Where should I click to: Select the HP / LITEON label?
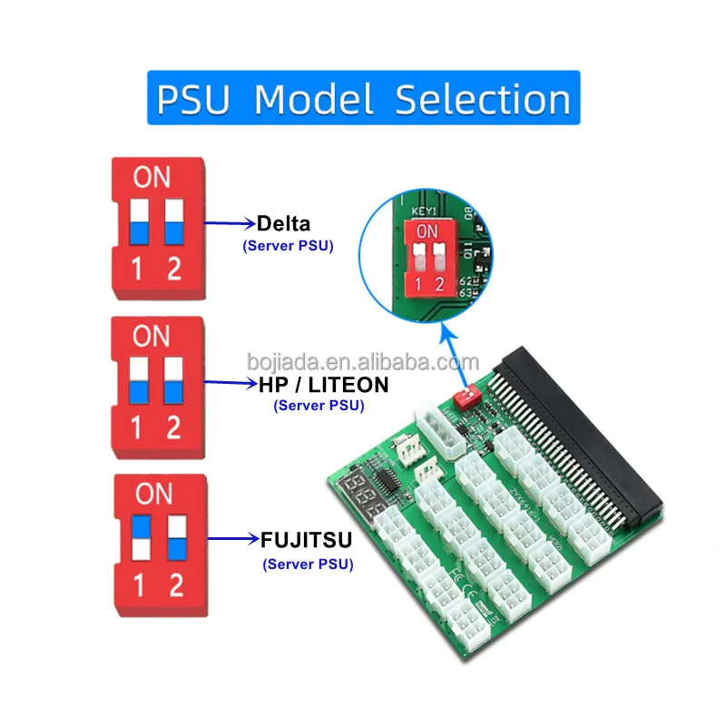point(323,385)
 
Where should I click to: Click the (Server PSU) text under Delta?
point(288,244)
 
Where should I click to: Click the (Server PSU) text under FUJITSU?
point(309,564)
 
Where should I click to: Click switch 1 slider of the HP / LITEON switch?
point(138,381)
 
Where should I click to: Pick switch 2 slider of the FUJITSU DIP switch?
point(175,537)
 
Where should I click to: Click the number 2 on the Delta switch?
point(173,270)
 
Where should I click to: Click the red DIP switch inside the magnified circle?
point(427,259)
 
